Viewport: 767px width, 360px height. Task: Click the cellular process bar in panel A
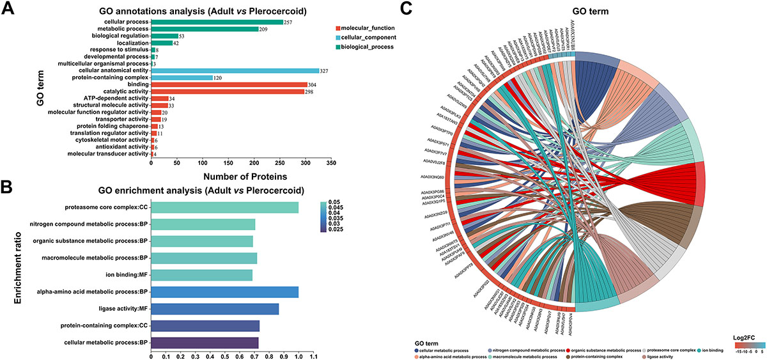tap(217, 22)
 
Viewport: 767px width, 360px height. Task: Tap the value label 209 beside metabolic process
tap(264, 29)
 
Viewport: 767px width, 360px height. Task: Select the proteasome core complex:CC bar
tap(224, 207)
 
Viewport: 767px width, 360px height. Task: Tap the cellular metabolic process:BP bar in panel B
tap(205, 343)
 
